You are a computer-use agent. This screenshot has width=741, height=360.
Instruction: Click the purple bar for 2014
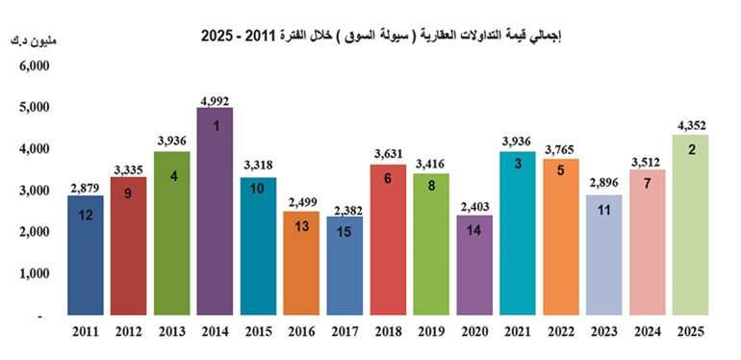tap(215, 211)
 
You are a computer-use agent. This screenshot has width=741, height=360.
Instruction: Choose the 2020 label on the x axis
tap(475, 333)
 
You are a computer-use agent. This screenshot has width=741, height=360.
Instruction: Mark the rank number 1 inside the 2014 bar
tap(216, 126)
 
